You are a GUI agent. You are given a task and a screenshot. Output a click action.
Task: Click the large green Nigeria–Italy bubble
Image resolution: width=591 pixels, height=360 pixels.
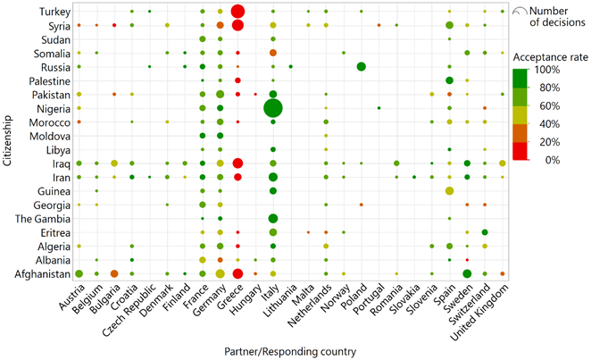pos(272,108)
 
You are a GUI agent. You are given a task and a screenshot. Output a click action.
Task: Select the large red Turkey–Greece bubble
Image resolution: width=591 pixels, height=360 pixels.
pos(237,12)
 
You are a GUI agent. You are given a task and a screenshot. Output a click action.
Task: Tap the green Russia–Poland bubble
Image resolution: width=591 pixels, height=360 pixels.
pos(361,67)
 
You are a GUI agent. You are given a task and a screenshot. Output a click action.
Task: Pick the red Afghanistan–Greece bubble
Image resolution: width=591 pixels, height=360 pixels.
pos(237,274)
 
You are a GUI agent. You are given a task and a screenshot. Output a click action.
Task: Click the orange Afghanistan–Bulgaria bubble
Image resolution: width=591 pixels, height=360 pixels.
pos(114,274)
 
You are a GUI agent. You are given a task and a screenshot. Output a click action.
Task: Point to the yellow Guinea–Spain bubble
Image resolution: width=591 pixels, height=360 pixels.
pos(449,191)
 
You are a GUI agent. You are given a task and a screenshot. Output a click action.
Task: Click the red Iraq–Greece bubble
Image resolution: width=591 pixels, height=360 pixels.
pos(237,163)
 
